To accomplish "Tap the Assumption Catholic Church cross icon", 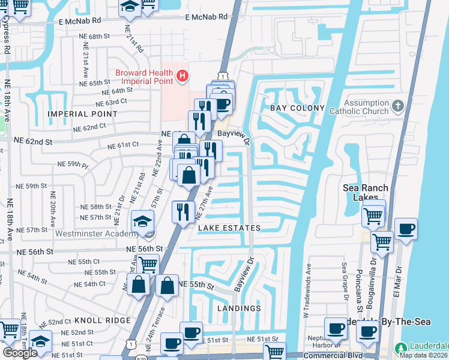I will click(397, 107).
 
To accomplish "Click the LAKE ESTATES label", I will click(229, 228).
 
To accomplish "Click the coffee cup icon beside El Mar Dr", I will click(406, 229).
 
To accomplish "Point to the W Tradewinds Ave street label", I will click(308, 284).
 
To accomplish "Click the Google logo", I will click(20, 353).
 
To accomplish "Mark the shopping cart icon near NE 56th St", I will click(148, 264).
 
